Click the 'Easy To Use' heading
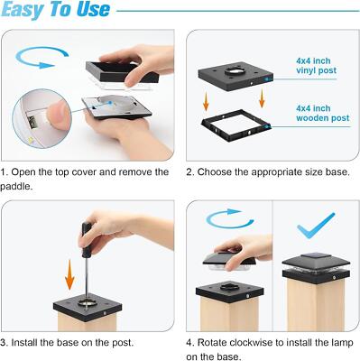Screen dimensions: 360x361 coord(56,10)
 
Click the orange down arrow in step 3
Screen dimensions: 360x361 coord(69,275)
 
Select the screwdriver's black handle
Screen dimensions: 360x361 coord(87,240)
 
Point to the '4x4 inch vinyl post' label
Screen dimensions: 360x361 coord(316,66)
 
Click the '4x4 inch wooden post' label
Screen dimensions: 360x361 coord(323,113)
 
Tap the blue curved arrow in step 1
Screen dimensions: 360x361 coord(42,57)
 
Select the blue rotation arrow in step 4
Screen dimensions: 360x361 coord(230,218)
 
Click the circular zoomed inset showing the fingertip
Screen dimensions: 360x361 coord(42,118)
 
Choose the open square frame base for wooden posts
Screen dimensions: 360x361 coord(236,126)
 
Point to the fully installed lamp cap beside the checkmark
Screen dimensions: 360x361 coord(316,269)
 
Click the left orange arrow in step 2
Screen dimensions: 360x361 coord(206,101)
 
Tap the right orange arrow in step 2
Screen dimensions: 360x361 coord(262,98)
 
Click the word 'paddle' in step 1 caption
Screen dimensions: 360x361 coord(16,187)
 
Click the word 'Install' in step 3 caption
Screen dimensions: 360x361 coord(25,343)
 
